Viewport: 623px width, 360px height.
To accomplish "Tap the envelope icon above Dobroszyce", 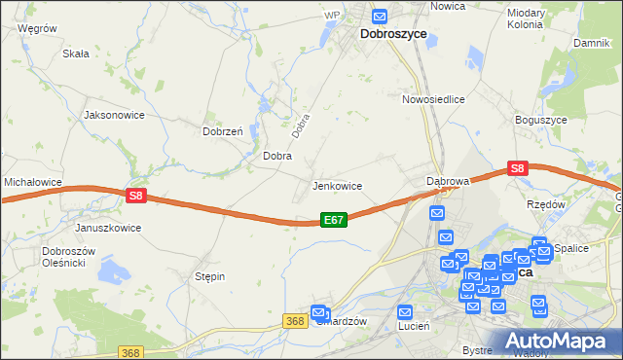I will point(380,16).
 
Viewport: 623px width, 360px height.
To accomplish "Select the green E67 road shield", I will point(333,221).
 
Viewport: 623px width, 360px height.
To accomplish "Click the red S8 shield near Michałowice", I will point(135,196).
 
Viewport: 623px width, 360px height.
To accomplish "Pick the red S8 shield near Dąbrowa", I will point(517,168).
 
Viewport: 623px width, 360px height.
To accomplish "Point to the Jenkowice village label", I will point(337,186).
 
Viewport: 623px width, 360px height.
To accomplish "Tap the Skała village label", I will point(76,55).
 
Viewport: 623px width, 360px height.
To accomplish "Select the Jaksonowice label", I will point(115,115).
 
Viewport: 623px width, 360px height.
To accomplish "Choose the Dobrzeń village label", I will point(222,131).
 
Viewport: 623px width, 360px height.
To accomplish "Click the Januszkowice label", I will point(108,228).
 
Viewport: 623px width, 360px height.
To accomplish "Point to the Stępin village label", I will point(210,276).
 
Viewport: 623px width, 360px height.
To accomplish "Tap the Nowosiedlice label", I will point(433,99).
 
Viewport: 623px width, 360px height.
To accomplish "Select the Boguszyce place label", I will point(539,120).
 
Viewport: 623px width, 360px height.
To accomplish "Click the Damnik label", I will point(591,44).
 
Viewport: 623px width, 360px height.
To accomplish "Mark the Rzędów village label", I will point(546,204).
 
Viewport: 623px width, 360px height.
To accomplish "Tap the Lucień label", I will point(415,327).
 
